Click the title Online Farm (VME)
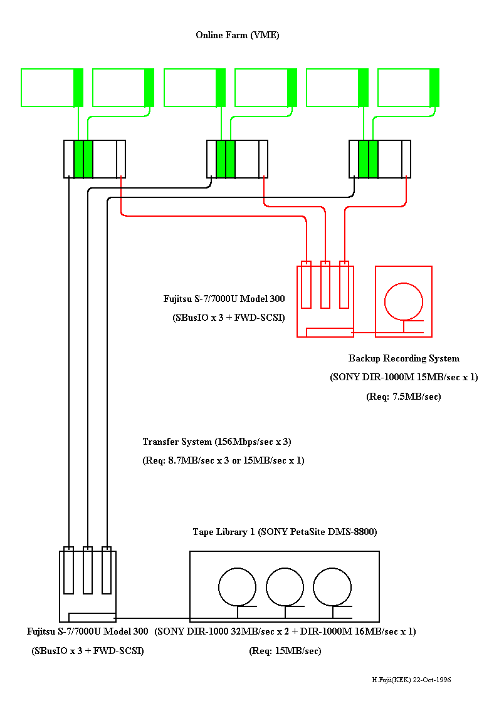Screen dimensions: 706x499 [x=237, y=35]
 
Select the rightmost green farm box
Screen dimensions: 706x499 [x=408, y=88]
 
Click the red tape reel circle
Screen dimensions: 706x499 [x=404, y=301]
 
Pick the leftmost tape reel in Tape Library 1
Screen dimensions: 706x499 [x=237, y=586]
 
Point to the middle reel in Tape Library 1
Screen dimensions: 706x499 [x=285, y=586]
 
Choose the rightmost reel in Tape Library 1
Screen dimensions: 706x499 [x=332, y=586]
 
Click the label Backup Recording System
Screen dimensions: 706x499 [x=404, y=359]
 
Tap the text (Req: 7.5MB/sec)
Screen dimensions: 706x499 [x=403, y=397]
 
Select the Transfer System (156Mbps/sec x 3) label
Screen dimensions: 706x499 [x=217, y=442]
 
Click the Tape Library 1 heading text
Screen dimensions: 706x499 [x=285, y=532]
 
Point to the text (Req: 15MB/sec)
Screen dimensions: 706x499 [x=285, y=651]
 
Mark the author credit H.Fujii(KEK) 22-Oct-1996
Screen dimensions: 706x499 [x=411, y=680]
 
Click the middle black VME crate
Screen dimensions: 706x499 [x=238, y=159]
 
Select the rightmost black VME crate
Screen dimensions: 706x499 [x=380, y=159]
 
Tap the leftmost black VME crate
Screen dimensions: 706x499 [x=95, y=159]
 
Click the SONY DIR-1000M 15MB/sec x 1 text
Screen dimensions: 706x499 [x=404, y=378]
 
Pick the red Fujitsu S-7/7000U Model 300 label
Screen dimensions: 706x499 [x=224, y=299]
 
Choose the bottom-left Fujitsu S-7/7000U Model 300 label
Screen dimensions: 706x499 [x=88, y=631]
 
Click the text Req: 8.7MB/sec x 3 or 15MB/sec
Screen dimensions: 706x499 [x=223, y=460]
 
